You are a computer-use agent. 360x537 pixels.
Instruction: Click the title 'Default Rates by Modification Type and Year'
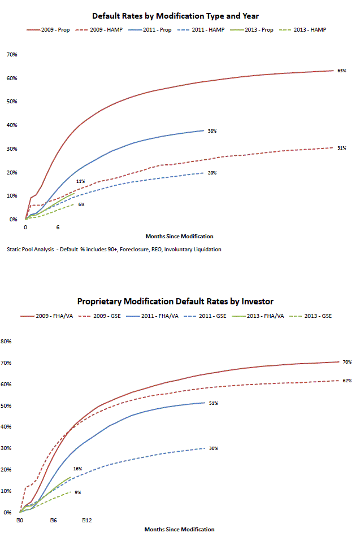[179, 16]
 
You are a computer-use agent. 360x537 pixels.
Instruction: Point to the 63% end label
[341, 71]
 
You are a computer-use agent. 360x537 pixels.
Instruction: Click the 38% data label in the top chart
[212, 130]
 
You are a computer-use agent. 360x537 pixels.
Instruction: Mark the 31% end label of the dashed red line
[341, 148]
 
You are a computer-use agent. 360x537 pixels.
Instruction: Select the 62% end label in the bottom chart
[347, 381]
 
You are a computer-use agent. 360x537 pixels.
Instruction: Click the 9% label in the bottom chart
[77, 492]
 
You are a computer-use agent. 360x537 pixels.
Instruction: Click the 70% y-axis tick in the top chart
[11, 55]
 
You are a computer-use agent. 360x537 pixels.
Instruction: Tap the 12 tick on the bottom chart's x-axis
[86, 519]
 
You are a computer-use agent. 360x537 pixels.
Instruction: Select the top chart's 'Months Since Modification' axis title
[179, 236]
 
